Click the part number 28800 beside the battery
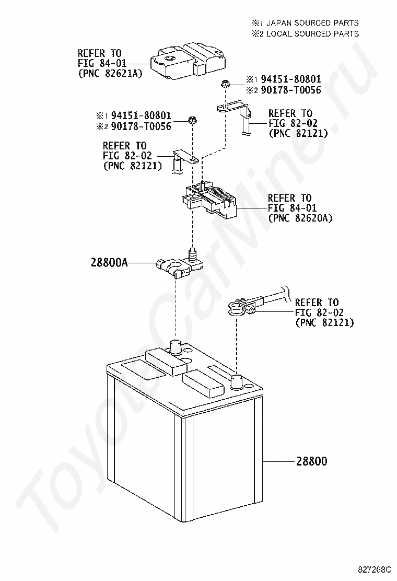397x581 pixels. (x=312, y=461)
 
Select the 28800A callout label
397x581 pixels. (x=109, y=263)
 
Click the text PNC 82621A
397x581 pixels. (x=110, y=74)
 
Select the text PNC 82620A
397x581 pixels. (x=300, y=217)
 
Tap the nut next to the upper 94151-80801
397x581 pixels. (x=225, y=83)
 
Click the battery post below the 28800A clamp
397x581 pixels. (x=176, y=347)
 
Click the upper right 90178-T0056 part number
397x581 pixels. (x=291, y=90)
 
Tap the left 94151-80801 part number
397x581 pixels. (x=141, y=115)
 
